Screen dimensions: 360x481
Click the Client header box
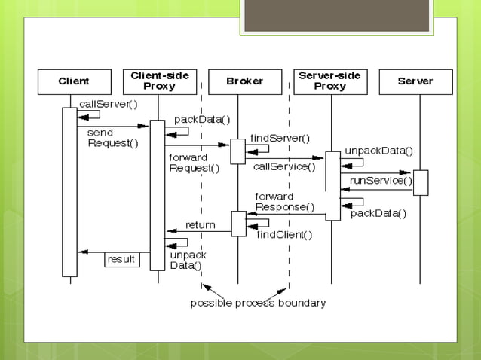point(75,81)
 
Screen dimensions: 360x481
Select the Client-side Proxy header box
point(159,81)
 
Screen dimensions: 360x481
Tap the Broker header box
point(245,81)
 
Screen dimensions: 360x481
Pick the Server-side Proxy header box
point(331,81)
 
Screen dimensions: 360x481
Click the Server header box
point(415,81)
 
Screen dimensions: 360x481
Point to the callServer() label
point(109,104)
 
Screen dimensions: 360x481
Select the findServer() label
point(280,138)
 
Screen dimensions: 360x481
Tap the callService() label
point(283,166)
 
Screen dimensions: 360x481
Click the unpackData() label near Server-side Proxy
point(378,150)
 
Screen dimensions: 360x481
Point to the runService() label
point(381,180)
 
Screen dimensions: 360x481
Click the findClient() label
point(284,234)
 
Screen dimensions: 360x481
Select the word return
point(200,225)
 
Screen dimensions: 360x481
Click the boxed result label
point(121,259)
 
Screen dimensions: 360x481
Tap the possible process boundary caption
point(258,303)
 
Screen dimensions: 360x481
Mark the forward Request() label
point(194,163)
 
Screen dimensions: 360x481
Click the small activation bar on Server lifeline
point(420,182)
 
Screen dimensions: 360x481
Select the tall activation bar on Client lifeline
point(69,192)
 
